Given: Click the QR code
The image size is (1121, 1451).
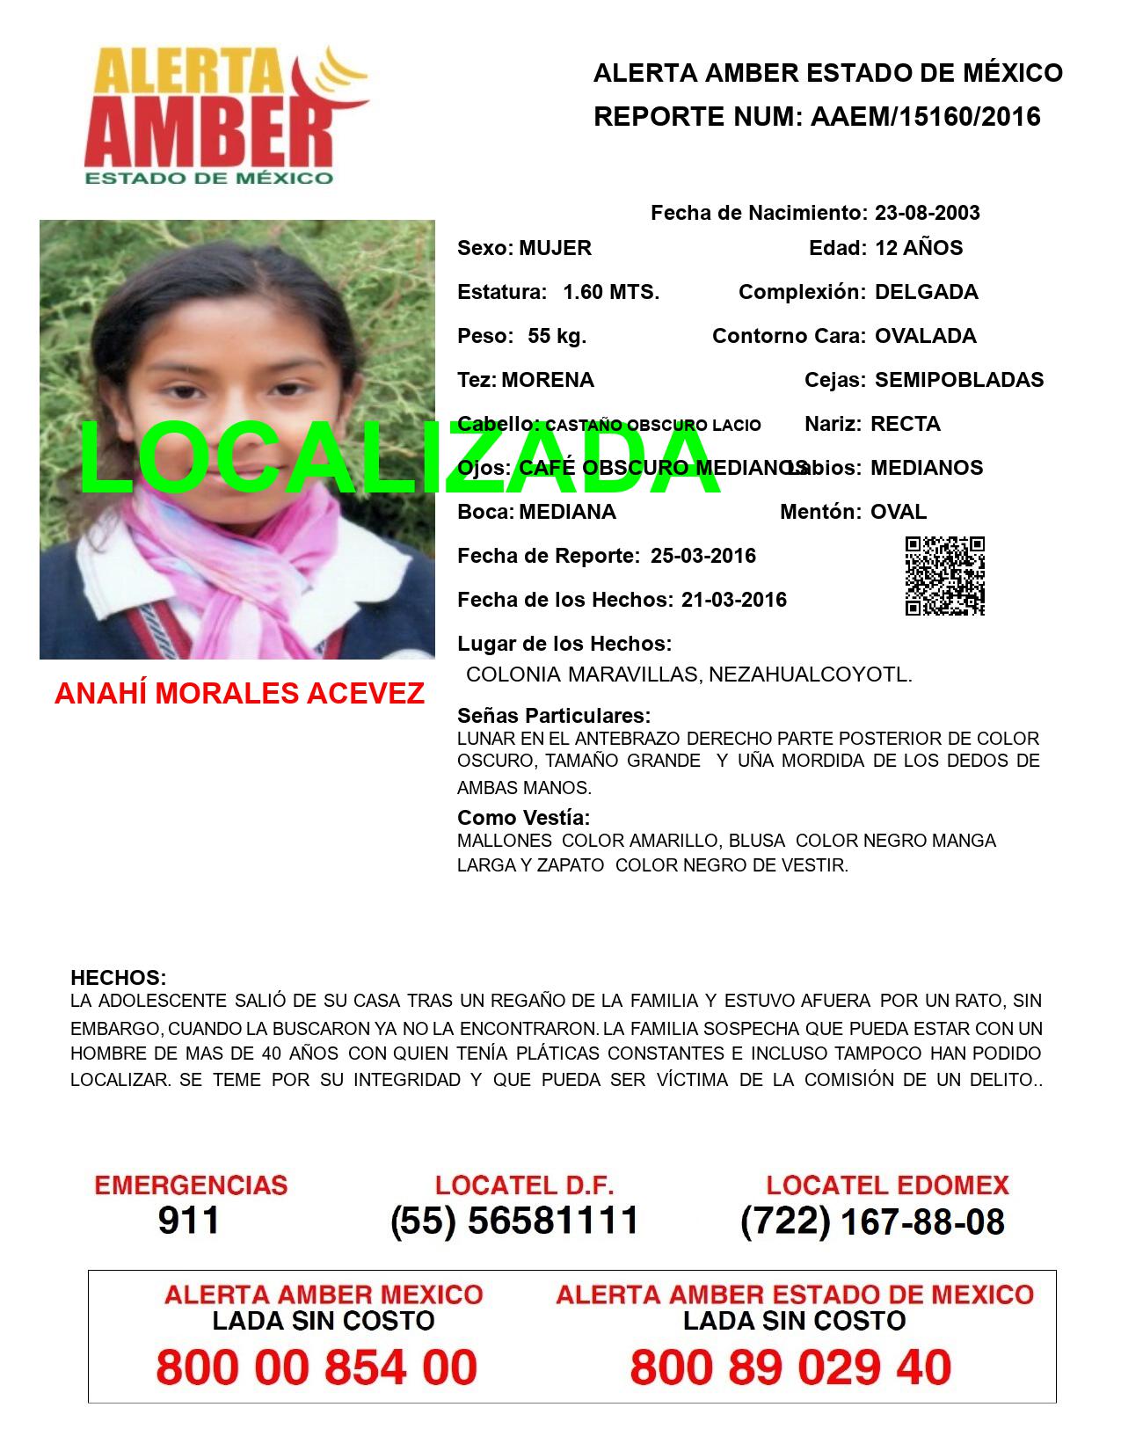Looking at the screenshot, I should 945,576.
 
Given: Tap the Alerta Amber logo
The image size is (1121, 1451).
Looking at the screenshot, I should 224,114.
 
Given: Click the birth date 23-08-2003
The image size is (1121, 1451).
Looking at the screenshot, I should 927,213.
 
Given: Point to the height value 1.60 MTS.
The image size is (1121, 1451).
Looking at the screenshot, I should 611,292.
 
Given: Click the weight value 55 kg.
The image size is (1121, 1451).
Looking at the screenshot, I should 557,336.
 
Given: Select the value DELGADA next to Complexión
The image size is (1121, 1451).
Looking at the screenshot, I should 926,292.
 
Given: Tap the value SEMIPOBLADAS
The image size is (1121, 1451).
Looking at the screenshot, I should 958,380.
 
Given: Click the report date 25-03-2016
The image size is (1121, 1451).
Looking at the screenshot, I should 703,556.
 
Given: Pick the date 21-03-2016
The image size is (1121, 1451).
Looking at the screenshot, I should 734,600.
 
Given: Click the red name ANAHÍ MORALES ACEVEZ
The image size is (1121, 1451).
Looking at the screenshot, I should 239,694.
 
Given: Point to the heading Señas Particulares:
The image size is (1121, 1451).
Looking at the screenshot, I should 554,715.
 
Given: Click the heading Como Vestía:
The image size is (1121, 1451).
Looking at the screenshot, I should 523,818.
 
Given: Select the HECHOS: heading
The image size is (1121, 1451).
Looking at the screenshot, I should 118,978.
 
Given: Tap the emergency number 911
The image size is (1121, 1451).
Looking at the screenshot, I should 189,1221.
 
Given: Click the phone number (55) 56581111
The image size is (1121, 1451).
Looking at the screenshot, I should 514,1221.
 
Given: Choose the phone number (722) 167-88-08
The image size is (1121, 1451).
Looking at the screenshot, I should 872,1221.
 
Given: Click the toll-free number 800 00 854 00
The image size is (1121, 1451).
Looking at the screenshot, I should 317,1367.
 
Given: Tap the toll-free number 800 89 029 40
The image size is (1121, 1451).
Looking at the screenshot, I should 790,1367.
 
